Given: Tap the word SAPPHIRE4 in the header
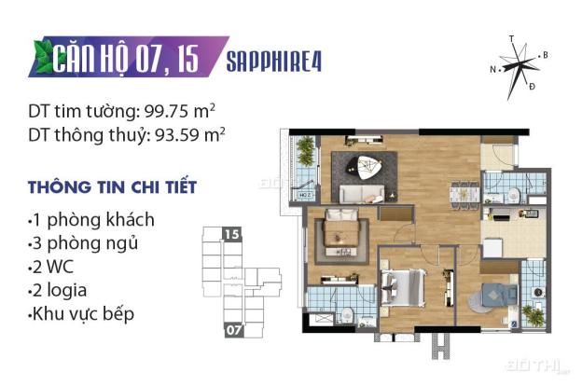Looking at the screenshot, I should (281, 61).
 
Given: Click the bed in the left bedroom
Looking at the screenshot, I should (336, 241).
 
